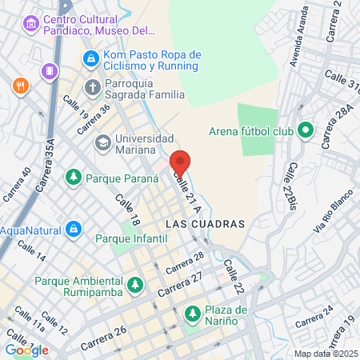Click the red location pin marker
180,164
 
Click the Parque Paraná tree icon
74,176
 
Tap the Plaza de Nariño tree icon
192,313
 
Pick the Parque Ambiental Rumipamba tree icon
135,283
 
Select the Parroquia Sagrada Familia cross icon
92,86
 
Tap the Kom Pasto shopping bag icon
91,58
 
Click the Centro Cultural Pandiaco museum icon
31,24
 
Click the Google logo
26,350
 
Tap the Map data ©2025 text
325,354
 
